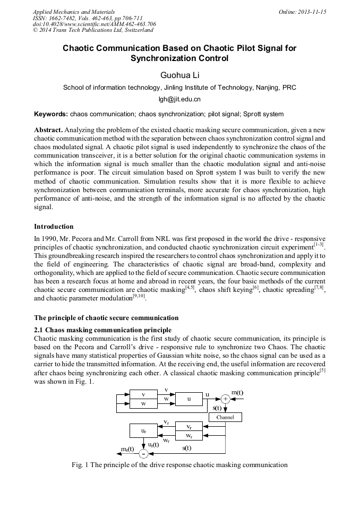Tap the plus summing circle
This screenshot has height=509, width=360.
click(225, 399)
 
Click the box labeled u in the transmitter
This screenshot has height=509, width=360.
click(188, 399)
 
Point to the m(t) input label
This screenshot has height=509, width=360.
click(237, 392)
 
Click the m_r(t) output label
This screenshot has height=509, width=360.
click(127, 449)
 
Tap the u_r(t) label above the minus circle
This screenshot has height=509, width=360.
click(153, 444)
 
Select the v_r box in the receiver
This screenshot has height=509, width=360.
click(190, 427)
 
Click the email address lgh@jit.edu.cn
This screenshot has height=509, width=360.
click(179, 99)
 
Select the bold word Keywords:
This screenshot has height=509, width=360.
click(51, 114)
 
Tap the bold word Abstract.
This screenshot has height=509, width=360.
click(48, 130)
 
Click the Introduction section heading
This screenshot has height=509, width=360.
click(54, 227)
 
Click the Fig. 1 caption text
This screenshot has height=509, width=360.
click(179, 465)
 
